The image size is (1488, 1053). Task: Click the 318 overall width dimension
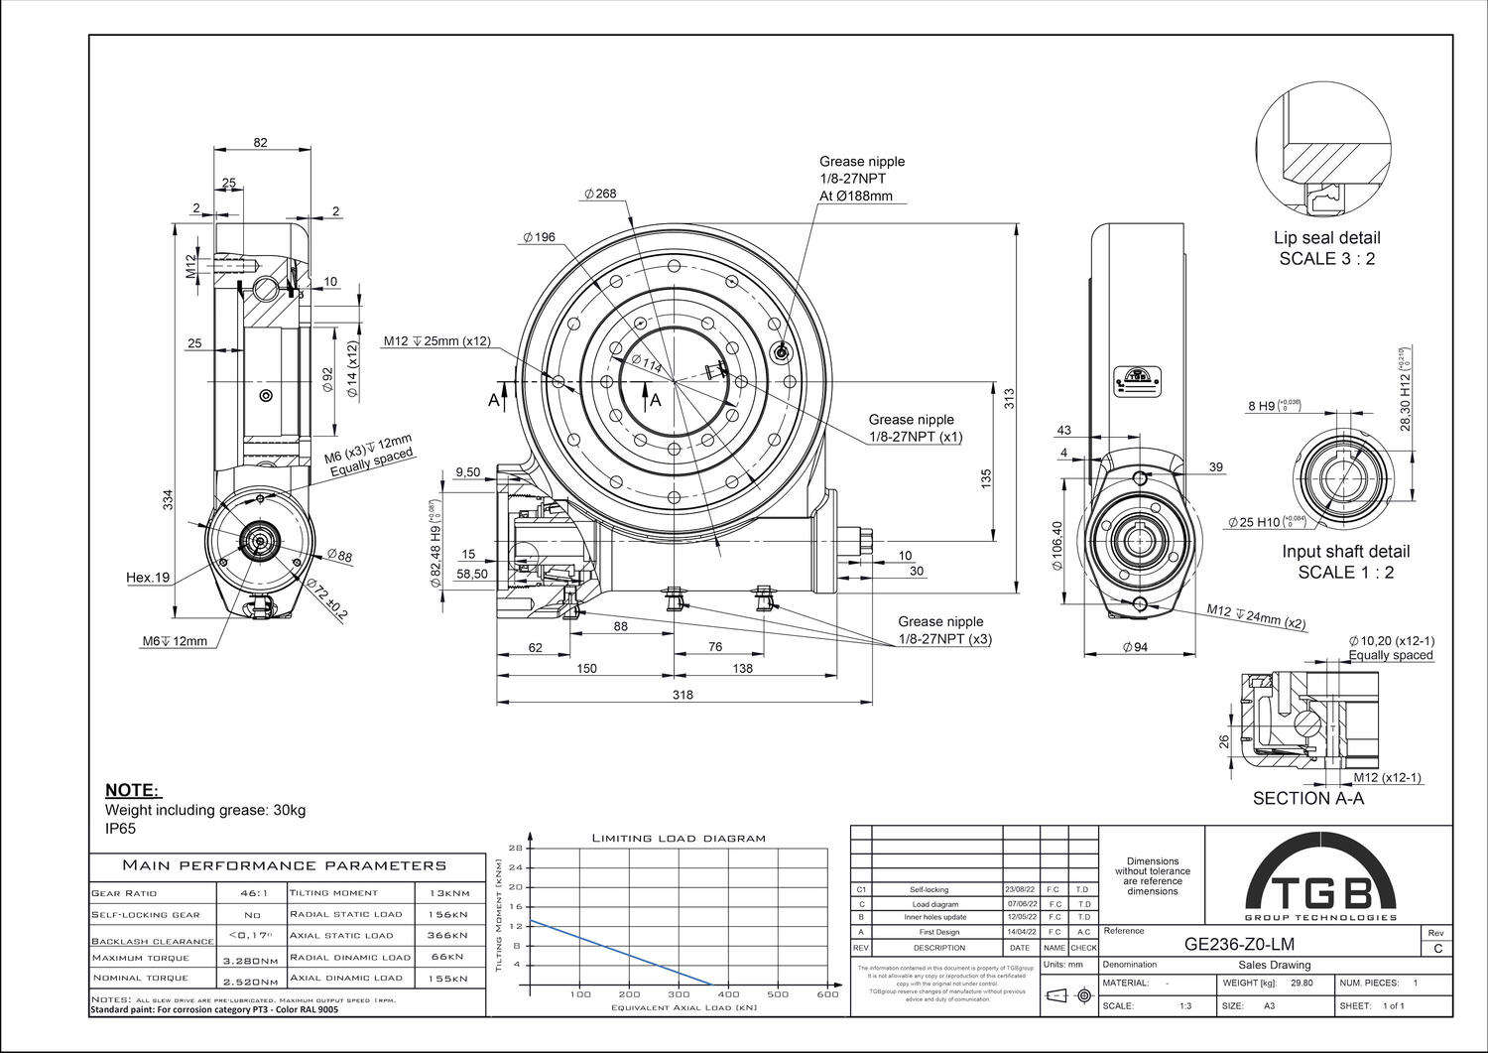click(x=682, y=695)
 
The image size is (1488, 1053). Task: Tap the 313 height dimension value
click(x=1010, y=398)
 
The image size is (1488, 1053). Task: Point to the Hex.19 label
click(x=148, y=577)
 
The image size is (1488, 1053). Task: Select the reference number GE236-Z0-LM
click(x=1239, y=944)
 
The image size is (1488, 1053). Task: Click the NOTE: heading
click(x=132, y=790)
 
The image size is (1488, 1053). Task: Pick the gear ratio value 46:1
click(x=252, y=893)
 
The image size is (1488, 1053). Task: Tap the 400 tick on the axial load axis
click(x=728, y=993)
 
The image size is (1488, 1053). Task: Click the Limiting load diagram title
click(x=679, y=838)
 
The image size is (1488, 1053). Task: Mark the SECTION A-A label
click(x=1307, y=798)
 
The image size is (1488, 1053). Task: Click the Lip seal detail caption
click(x=1326, y=237)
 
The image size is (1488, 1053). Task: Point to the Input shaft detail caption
click(x=1345, y=552)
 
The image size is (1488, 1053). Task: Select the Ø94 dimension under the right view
click(x=1134, y=647)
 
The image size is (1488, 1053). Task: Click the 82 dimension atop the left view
click(x=260, y=142)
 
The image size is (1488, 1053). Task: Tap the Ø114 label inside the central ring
click(x=645, y=364)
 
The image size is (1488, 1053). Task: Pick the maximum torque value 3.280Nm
click(x=250, y=961)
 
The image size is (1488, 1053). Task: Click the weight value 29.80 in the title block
click(x=1302, y=983)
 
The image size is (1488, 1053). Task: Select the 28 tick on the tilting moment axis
click(x=515, y=848)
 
